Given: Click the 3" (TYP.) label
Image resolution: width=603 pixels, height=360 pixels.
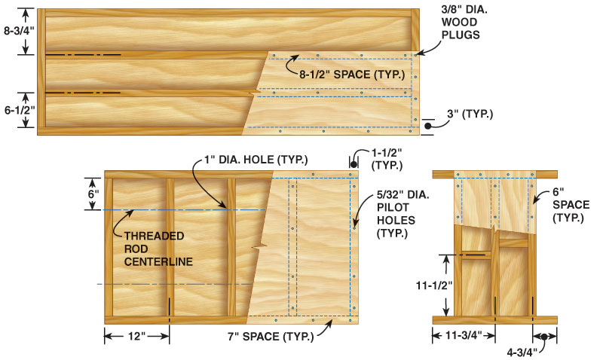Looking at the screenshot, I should [469, 114].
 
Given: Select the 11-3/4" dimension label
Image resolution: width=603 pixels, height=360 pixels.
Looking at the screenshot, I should [463, 337].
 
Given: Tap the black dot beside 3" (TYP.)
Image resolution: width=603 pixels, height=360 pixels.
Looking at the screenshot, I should [427, 127].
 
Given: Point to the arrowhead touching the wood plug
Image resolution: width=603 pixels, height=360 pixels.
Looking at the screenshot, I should [419, 52].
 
